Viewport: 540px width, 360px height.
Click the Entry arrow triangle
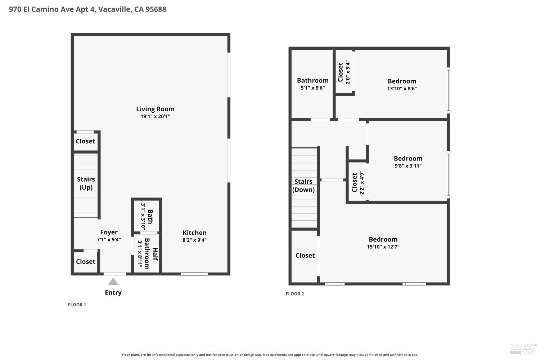coord(113,282)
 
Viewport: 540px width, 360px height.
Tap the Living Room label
coord(155,109)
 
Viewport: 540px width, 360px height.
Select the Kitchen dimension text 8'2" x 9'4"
coord(194,240)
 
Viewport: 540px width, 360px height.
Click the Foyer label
coord(109,232)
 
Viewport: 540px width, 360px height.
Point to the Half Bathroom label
coord(151,254)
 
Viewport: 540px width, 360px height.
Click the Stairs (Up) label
coord(86,184)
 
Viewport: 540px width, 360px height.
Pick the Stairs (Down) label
coord(303,186)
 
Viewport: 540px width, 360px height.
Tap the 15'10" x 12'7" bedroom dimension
coord(383,247)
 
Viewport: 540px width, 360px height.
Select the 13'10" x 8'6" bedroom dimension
coord(402,89)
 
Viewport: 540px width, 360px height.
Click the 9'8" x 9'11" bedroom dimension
coord(408,166)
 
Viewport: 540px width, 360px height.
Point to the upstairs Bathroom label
coord(313,80)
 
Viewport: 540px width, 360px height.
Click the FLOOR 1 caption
coord(77,305)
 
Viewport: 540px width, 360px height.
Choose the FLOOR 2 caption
coord(294,294)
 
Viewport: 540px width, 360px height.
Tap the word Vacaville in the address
coord(115,9)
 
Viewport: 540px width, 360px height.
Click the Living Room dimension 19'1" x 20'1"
coord(155,117)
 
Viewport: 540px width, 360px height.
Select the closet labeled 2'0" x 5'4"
coord(344,71)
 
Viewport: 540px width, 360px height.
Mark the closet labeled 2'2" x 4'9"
coord(358,182)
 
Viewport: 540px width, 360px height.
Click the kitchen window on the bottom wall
coord(194,274)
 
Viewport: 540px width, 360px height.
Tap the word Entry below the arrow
coord(113,292)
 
